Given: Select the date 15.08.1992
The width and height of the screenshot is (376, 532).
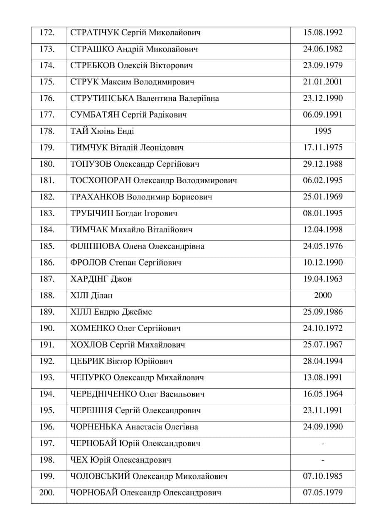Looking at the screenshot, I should coord(323,32).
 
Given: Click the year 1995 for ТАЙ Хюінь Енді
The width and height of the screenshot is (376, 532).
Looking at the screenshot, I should coord(323,131).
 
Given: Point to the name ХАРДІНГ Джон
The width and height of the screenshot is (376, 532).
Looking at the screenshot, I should coord(101,279).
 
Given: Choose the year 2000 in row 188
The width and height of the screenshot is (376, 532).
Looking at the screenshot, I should coord(323,296).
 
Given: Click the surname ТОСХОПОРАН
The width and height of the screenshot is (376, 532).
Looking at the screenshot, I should coord(101,181).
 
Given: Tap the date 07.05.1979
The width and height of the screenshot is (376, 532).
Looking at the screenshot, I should coord(323,493).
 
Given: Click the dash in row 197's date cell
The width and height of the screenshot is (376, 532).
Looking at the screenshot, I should coord(323,444).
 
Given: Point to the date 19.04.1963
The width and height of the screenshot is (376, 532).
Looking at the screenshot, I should coord(323,279).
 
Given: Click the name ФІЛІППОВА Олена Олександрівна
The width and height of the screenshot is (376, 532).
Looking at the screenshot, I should coord(138,246).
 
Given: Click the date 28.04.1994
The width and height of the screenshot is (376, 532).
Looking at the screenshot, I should coord(323,361).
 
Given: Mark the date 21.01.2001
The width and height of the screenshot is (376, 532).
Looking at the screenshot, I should coord(323,82).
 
